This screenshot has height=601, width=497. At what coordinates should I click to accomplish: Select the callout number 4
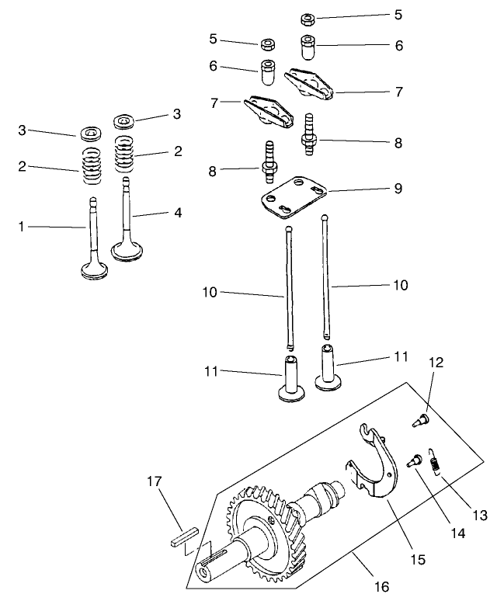click(x=178, y=211)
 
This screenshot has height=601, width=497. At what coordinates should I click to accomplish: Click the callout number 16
click(x=381, y=587)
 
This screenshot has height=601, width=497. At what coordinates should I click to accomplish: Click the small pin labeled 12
click(x=419, y=419)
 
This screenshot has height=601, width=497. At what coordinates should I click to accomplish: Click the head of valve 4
click(x=127, y=251)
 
